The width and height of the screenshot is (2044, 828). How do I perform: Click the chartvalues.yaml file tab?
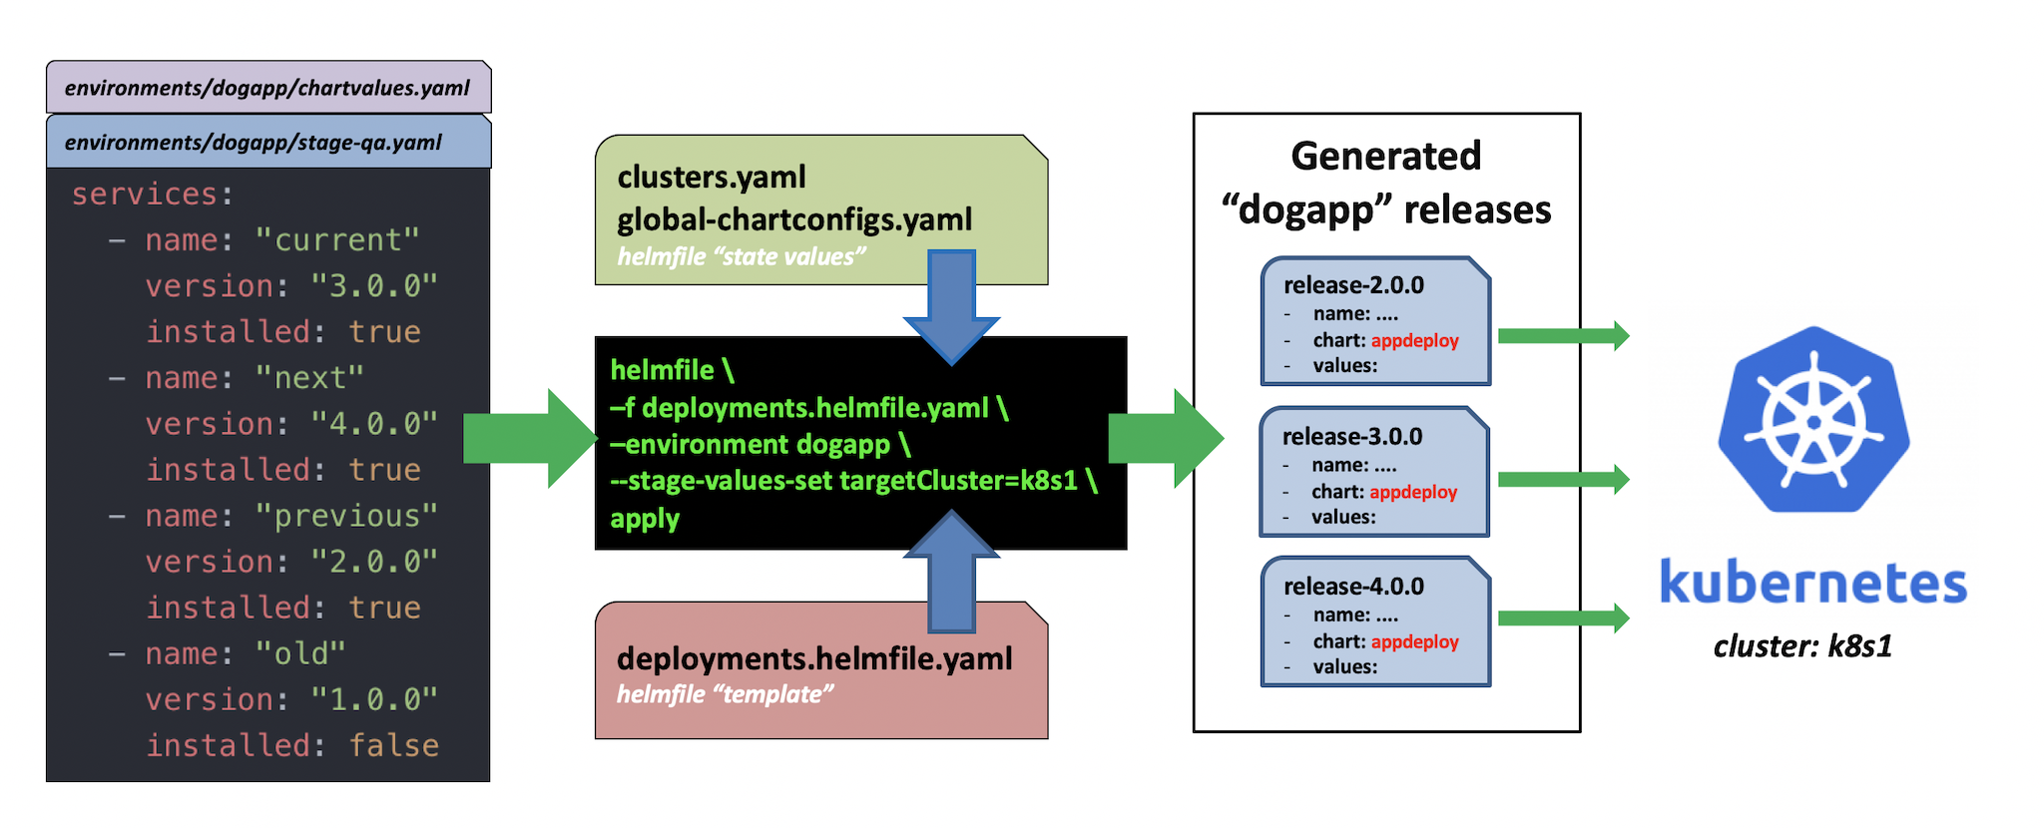(x=267, y=88)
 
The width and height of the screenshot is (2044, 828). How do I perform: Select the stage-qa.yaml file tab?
(x=254, y=143)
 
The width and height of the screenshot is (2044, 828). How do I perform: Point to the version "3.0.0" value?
(x=373, y=286)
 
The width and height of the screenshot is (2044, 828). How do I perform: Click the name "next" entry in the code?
(x=254, y=378)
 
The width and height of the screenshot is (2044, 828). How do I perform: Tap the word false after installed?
(x=393, y=745)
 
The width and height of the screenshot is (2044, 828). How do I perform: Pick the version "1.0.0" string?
(x=373, y=699)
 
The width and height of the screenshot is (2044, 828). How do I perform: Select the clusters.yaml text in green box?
(x=712, y=178)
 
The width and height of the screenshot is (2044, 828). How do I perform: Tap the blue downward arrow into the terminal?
(x=951, y=304)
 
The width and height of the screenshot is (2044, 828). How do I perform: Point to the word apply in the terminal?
(x=645, y=519)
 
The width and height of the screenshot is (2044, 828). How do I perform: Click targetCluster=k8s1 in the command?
(x=959, y=481)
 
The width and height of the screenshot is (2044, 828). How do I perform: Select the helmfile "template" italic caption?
(x=725, y=694)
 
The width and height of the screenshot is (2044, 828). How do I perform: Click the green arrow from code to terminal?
(x=529, y=439)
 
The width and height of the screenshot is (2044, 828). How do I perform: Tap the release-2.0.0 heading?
(x=1353, y=285)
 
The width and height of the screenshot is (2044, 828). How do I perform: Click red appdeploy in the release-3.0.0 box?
(x=1413, y=492)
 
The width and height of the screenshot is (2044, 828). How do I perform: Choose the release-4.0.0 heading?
(x=1353, y=587)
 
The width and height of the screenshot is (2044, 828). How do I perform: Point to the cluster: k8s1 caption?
(x=1802, y=646)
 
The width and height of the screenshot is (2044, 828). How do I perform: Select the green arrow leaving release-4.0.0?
(x=1563, y=619)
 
